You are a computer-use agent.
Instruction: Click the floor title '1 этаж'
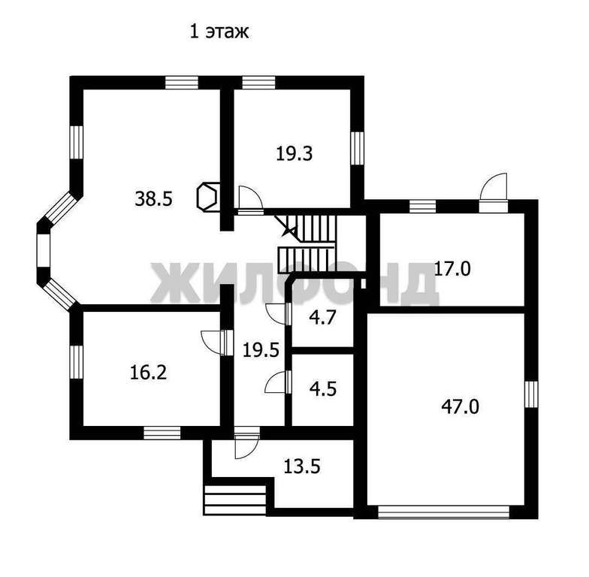pyautogui.click(x=218, y=32)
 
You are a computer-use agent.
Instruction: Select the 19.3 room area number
pyautogui.click(x=294, y=154)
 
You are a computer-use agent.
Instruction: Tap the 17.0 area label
pyautogui.click(x=452, y=268)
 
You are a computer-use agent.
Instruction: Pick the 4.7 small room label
pyautogui.click(x=322, y=316)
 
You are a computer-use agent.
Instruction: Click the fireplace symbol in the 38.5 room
pyautogui.click(x=208, y=196)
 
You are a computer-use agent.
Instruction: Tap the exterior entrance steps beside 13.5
pyautogui.click(x=235, y=499)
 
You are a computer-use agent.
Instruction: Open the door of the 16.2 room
pyautogui.click(x=214, y=341)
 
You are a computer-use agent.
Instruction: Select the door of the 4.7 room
pyautogui.click(x=278, y=313)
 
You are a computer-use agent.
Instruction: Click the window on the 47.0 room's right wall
pyautogui.click(x=532, y=394)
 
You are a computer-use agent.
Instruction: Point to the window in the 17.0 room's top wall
pyautogui.click(x=423, y=205)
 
